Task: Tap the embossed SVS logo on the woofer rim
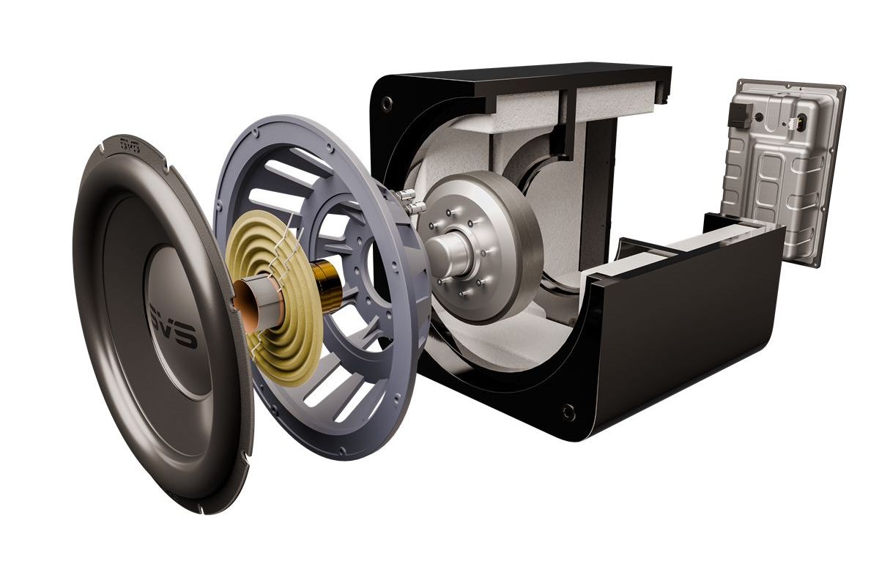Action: [x=130, y=145]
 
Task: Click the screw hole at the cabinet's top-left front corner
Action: [x=387, y=103]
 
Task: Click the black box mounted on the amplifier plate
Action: [x=740, y=115]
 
